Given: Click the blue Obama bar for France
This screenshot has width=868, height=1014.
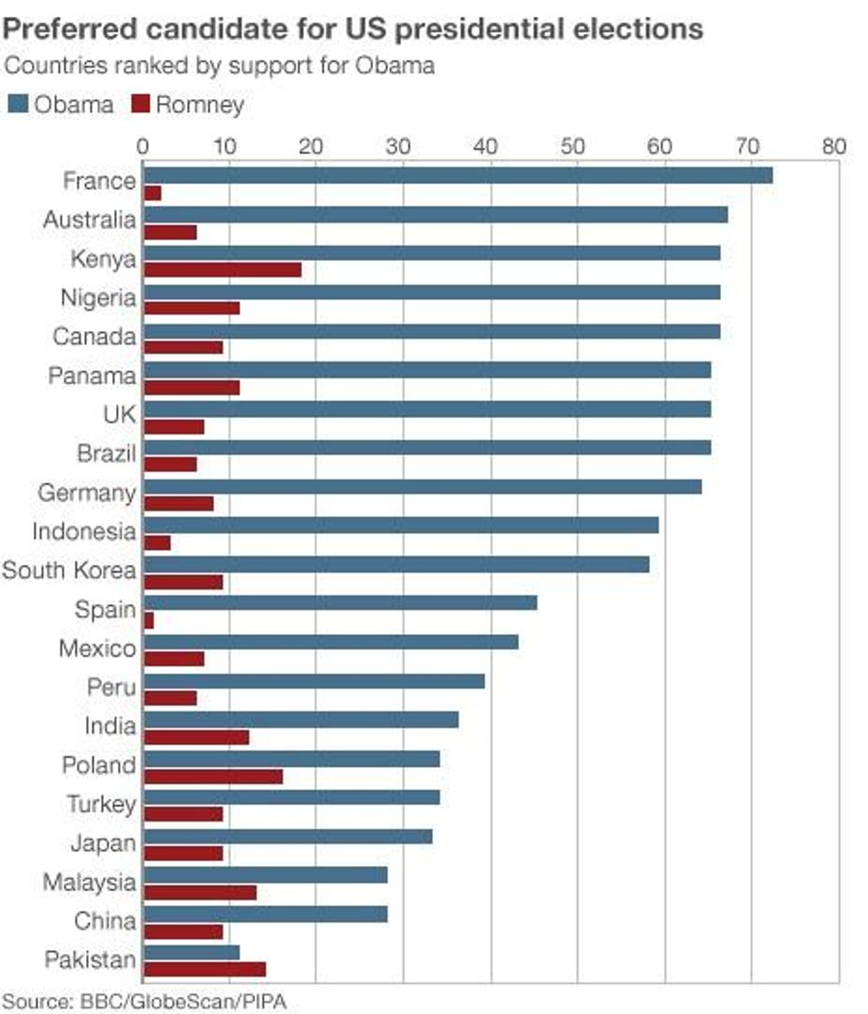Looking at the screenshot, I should tap(457, 175).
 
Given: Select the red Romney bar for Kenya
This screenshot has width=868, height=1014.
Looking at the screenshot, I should tap(221, 269).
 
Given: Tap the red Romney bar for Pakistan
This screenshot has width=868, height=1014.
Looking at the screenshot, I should tap(204, 970).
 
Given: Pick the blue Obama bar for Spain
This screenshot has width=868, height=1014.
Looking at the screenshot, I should tap(339, 603).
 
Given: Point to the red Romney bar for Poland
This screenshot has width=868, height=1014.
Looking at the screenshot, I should tap(213, 776).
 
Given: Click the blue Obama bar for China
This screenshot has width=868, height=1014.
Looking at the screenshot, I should tap(265, 914).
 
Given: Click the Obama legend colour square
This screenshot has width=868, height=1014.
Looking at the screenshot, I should tap(18, 104).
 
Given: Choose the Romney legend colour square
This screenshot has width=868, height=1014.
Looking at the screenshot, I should tap(140, 104).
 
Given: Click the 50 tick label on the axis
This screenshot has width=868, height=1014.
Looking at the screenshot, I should tap(577, 145).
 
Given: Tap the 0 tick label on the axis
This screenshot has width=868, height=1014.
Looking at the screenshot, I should tap(143, 145).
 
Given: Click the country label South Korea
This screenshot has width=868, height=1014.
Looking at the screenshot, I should tap(69, 570).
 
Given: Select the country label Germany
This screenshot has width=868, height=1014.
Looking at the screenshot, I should tap(87, 493).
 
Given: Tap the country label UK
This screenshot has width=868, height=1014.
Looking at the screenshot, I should tap(120, 414).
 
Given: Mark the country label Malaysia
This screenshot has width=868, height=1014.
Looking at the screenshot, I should tap(89, 882).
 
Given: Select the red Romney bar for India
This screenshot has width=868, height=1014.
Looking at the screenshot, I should tap(196, 737).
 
